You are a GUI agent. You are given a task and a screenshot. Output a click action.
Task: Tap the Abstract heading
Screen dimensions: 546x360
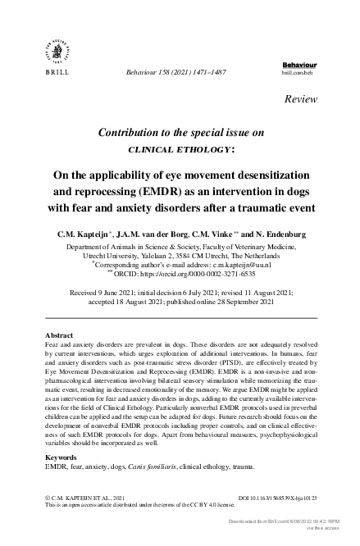pos(58,335)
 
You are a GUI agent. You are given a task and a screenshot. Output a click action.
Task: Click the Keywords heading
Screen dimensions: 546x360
pos(61,456)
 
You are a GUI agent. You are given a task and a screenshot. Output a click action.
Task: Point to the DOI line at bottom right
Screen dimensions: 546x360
pos(273,497)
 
